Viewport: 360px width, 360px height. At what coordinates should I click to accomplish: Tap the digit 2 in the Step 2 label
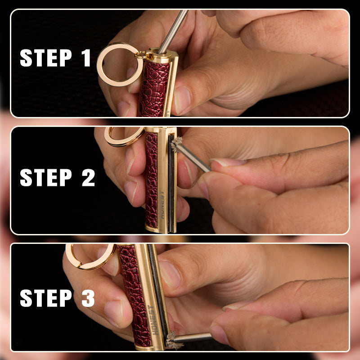(x=88, y=177)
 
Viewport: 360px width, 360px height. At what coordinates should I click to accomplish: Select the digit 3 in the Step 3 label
(x=88, y=298)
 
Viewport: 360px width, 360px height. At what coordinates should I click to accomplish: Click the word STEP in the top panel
(x=46, y=58)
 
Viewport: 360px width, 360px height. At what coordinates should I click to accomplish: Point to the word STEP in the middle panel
(x=46, y=177)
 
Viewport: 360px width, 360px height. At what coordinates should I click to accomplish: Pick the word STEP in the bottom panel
(x=46, y=298)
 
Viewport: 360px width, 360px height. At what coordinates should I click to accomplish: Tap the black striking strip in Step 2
(x=171, y=184)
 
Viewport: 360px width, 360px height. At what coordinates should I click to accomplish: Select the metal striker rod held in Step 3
(x=193, y=337)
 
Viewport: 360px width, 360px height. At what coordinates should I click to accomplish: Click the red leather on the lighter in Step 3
(x=134, y=296)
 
